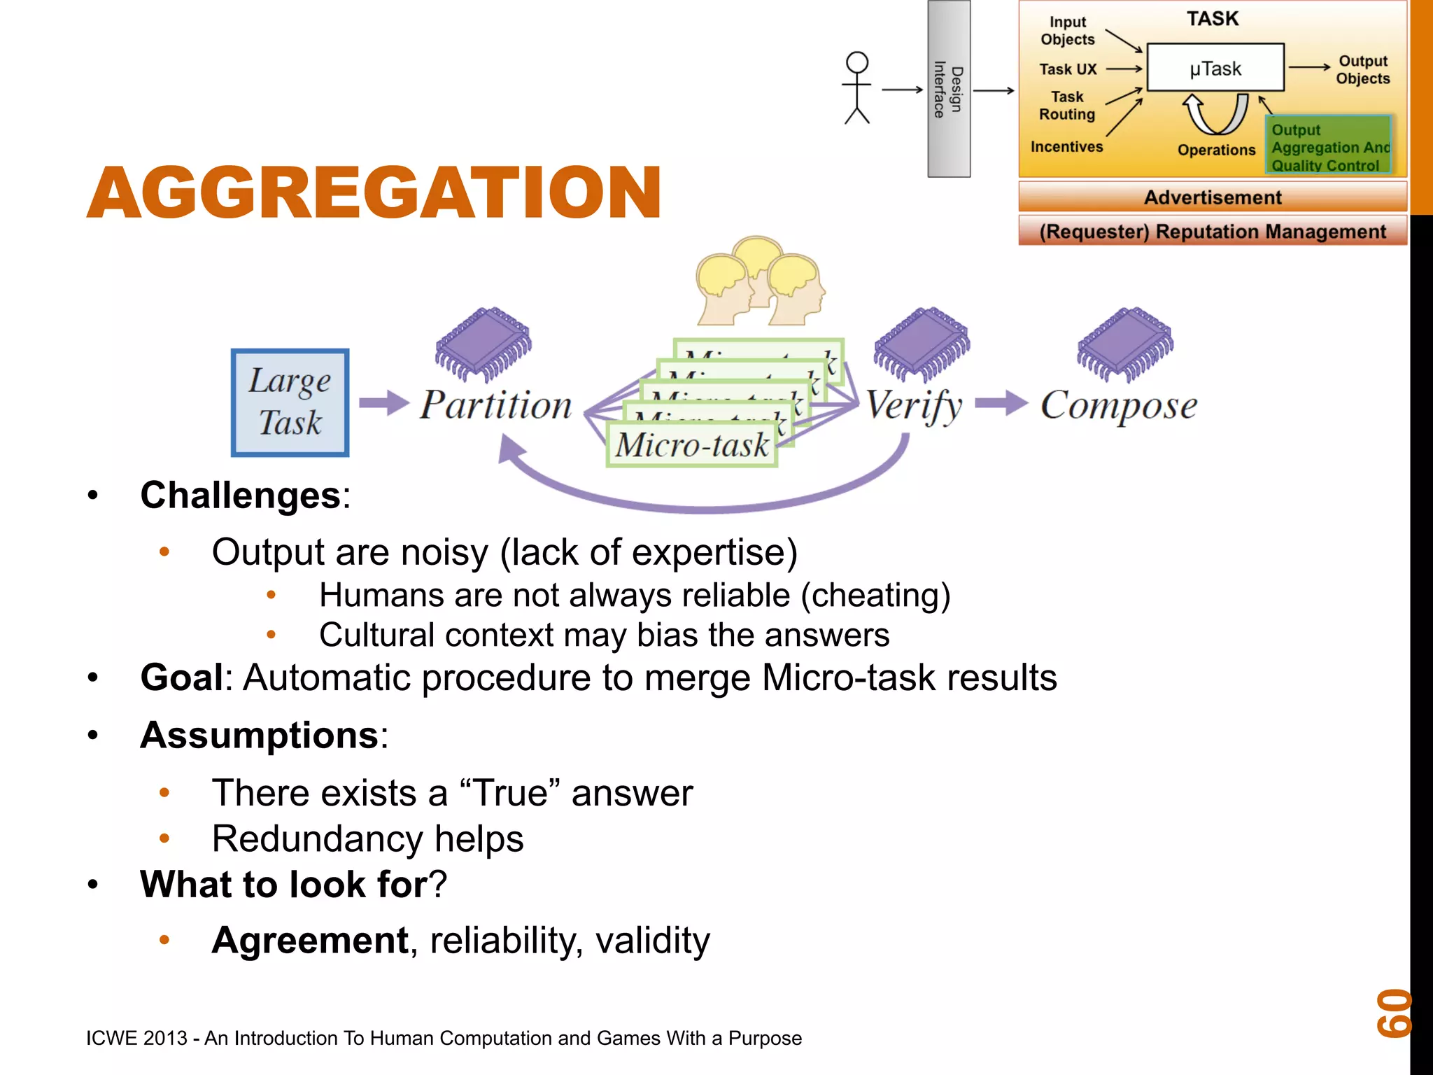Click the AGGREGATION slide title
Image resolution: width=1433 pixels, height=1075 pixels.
pos(374,192)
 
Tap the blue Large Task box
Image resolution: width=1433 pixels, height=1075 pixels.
pos(290,403)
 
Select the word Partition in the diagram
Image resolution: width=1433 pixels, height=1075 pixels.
pos(495,406)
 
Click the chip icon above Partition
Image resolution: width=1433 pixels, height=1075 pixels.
pos(483,343)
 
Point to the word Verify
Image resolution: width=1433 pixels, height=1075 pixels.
pos(914,406)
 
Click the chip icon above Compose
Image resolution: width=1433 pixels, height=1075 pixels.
pos(1125,343)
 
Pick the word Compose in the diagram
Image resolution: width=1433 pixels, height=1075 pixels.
pos(1118,406)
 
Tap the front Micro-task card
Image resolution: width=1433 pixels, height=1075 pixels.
pos(691,445)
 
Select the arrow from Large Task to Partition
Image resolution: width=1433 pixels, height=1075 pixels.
pos(383,403)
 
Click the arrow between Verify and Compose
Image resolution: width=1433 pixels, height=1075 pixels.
pos(1001,403)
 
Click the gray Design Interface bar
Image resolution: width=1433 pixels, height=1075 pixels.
pos(949,89)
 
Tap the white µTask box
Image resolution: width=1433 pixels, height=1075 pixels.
pos(1215,68)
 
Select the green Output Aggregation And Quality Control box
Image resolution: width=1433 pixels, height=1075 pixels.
pos(1328,146)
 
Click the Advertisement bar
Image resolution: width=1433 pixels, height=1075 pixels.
pos(1212,197)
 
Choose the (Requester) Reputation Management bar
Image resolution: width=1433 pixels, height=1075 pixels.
pos(1212,232)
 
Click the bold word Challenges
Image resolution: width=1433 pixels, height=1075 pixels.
pos(240,496)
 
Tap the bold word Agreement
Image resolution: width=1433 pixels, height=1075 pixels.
pos(310,940)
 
